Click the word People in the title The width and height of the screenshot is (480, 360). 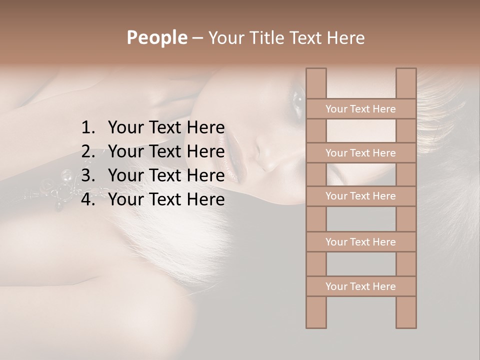coord(156,38)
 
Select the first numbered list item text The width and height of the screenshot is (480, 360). coord(166,128)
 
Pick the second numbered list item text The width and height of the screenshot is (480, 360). coord(166,151)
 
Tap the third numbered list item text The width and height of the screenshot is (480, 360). coord(166,175)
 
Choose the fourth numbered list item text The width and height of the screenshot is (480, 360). coord(166,199)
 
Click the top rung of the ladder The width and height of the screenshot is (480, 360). coord(360,109)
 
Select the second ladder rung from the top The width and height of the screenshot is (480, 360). coord(360,153)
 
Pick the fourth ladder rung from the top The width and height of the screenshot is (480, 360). coord(360,242)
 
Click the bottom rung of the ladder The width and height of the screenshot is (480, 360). coord(360,286)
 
